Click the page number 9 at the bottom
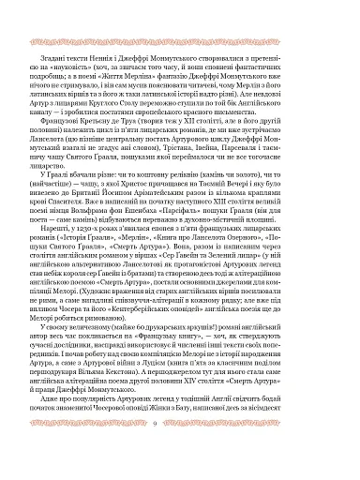179,450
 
